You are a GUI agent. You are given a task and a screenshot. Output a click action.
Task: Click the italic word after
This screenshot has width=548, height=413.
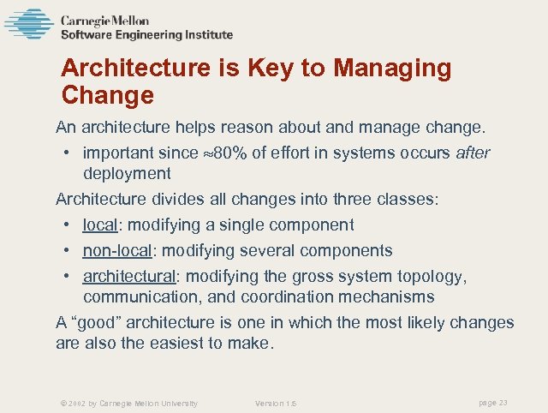point(474,153)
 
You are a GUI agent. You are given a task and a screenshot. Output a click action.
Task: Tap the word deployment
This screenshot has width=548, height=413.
point(127,174)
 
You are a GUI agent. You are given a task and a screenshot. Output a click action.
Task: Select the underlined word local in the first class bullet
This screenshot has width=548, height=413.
point(99,225)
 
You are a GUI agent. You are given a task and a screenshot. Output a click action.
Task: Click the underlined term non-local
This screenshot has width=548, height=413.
point(118,251)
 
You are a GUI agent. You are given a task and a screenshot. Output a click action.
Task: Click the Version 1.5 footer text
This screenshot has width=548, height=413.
point(276,404)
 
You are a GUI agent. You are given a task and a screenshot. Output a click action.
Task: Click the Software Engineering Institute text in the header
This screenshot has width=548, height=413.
point(146,35)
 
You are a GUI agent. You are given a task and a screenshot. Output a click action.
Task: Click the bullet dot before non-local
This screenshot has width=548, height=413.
point(67,251)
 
